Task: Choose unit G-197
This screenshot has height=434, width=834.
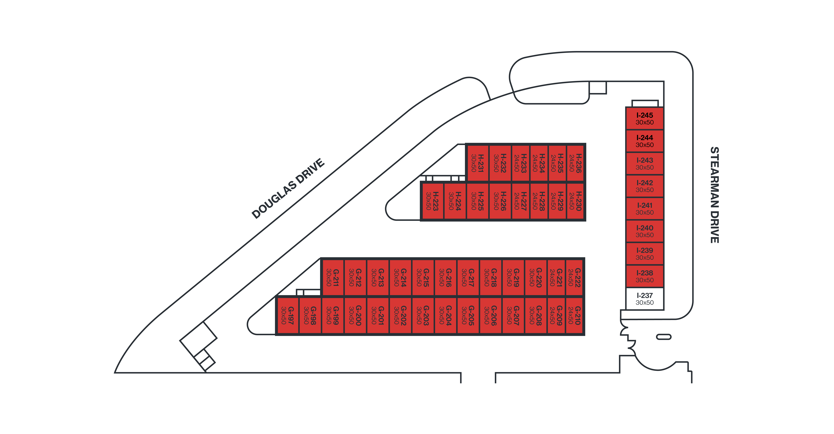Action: click(x=287, y=315)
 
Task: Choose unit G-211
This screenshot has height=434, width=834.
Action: click(x=333, y=277)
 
